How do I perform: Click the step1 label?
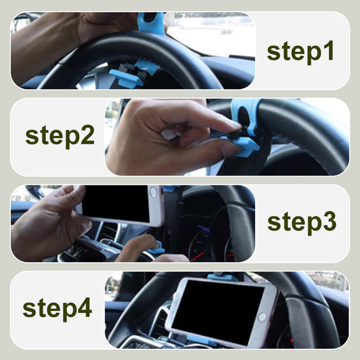tap(300, 52)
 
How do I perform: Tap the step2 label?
tap(60, 136)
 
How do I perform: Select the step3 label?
tap(301, 223)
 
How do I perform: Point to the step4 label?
tap(58, 309)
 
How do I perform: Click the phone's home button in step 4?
tap(262, 317)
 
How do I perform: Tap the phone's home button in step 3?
tap(153, 192)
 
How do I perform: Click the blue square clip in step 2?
tap(243, 146)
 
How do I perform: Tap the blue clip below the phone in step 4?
tap(201, 340)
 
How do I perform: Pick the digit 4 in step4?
tap(85, 307)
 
